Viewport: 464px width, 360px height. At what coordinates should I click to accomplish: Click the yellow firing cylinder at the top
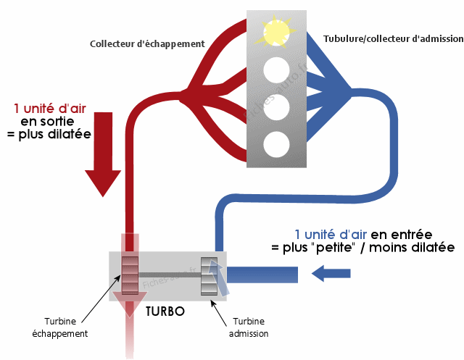[276, 32]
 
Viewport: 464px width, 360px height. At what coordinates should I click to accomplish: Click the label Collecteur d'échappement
[147, 43]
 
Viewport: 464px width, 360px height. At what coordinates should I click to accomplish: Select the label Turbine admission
[249, 328]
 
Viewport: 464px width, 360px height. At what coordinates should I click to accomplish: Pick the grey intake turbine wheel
[208, 275]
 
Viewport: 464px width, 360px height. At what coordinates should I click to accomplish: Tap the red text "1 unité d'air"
[49, 108]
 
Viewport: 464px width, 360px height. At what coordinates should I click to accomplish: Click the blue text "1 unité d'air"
[331, 234]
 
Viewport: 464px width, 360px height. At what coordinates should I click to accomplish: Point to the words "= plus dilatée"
[49, 134]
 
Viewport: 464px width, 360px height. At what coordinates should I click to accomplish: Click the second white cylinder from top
[276, 70]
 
